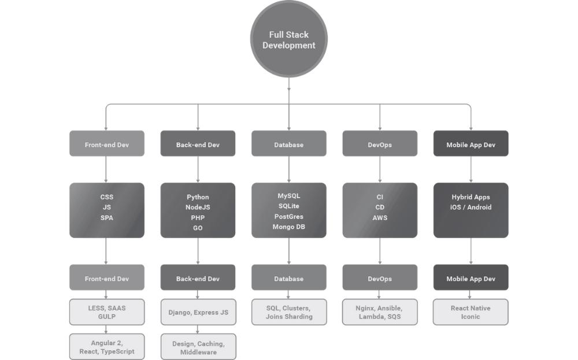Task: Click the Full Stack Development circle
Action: point(288,39)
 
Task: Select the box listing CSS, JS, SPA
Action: point(107,210)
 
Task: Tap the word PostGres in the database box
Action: point(288,217)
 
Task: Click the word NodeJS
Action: point(198,207)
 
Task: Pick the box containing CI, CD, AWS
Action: point(380,210)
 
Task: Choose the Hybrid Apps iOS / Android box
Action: point(470,210)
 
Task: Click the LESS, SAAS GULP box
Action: point(107,312)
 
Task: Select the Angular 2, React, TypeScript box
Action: point(107,347)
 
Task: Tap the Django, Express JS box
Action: point(198,312)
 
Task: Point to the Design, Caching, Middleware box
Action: point(198,347)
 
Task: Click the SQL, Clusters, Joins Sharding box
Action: point(288,312)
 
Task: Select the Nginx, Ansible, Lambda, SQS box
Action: point(380,312)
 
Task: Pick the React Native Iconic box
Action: point(470,312)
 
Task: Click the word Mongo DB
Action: point(288,227)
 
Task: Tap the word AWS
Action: point(380,218)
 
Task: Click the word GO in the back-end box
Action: point(198,228)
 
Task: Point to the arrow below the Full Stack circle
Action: point(288,87)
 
